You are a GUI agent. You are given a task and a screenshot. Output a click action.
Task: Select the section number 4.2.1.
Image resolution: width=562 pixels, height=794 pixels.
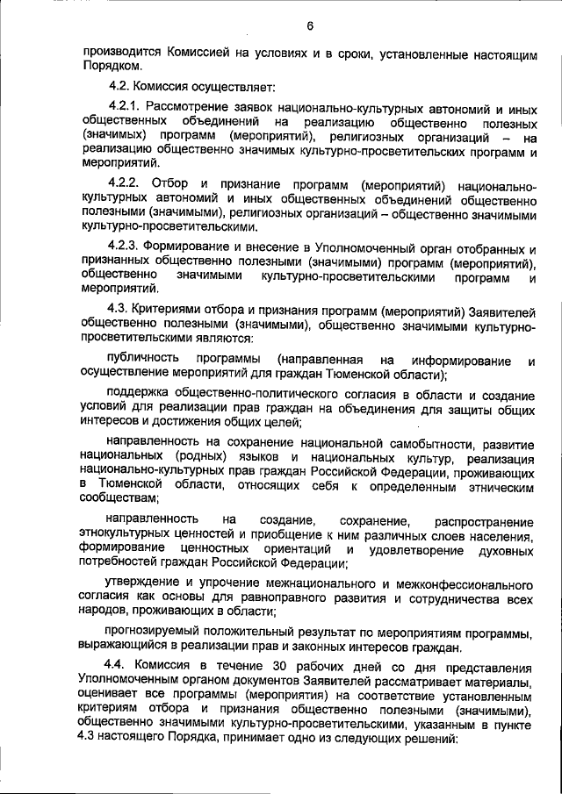point(124,109)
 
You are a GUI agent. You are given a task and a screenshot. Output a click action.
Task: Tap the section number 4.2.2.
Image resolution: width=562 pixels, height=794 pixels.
point(124,185)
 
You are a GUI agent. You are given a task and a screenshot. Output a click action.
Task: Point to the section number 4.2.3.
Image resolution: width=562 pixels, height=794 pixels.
point(124,249)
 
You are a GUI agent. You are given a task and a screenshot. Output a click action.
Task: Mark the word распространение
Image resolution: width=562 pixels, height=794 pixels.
point(489,522)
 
